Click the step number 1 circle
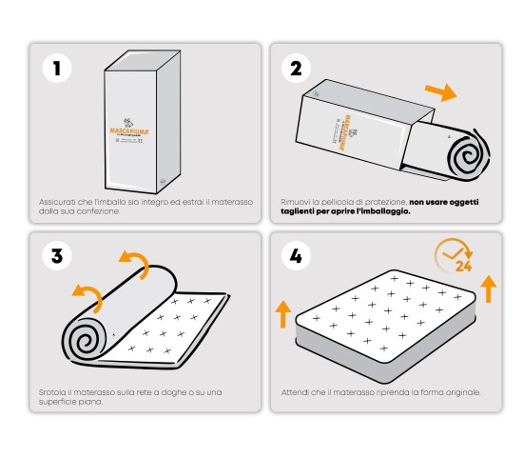(58, 69)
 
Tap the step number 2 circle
(296, 69)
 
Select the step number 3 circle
(58, 256)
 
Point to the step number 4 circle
(296, 256)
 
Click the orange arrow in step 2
(439, 92)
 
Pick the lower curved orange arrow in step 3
(90, 297)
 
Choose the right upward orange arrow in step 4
(489, 288)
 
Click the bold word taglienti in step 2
(300, 211)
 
